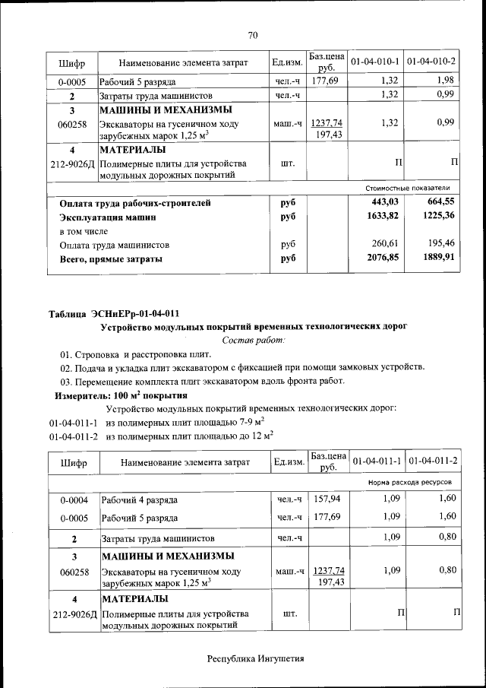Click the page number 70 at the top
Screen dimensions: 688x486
(254, 33)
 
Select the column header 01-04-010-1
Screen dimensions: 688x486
(376, 61)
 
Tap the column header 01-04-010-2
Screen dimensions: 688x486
(431, 61)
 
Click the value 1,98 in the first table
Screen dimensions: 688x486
(445, 81)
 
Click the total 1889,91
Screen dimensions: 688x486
(437, 258)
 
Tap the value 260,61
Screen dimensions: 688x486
(384, 245)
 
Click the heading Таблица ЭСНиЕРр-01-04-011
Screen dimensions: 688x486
(114, 313)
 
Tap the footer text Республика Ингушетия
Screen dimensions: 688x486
(255, 658)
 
